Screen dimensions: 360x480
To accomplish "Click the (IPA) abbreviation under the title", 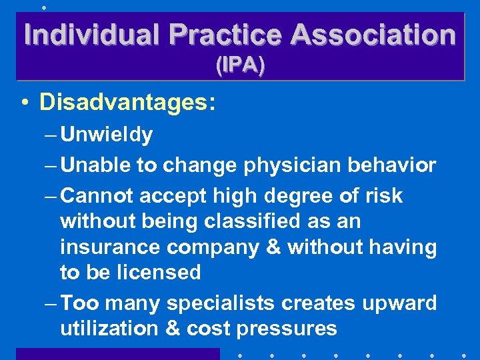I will point(240,65).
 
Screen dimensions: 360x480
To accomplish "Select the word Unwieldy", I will point(107,135).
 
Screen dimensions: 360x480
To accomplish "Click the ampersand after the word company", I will point(273,247).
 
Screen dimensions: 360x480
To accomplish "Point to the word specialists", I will point(221,303).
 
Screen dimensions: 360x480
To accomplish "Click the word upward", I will point(399,303).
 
